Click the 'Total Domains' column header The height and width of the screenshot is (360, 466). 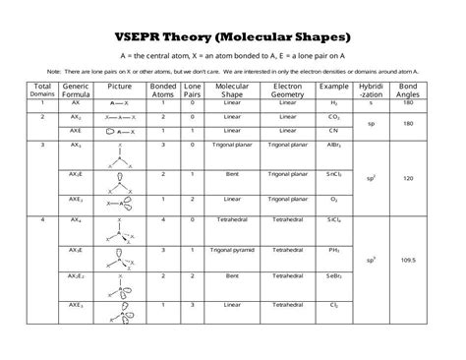point(42,90)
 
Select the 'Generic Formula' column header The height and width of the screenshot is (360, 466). point(76,90)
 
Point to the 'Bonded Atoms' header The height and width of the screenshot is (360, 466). point(162,90)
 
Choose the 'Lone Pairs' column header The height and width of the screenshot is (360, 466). point(193,90)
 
